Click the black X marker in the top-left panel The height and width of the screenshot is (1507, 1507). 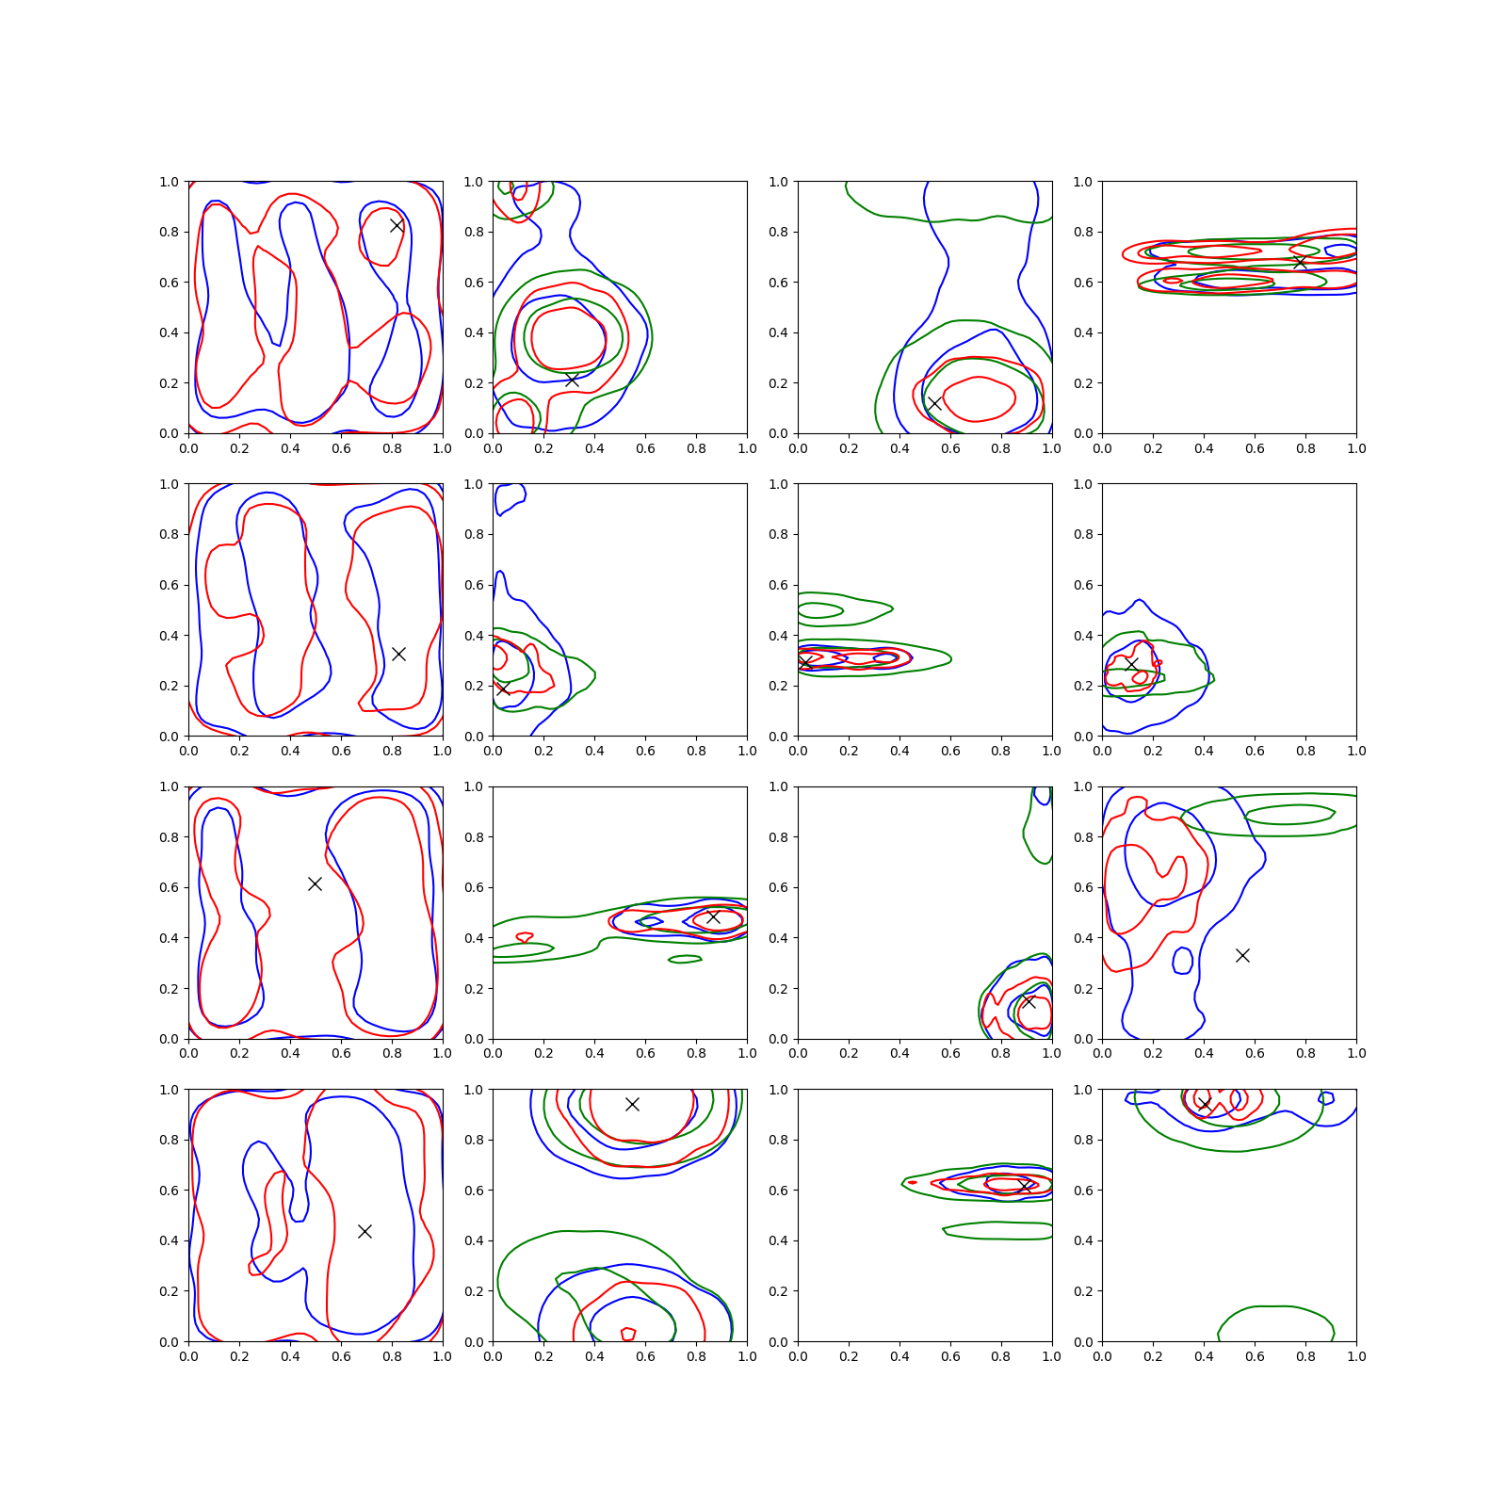pyautogui.click(x=397, y=225)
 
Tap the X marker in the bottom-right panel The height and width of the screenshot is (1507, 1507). pyautogui.click(x=1204, y=1104)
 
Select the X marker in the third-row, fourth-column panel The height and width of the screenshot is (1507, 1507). pyautogui.click(x=1242, y=955)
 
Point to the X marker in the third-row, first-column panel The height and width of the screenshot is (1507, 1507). pyautogui.click(x=315, y=883)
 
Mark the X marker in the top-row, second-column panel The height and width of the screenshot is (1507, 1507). pyautogui.click(x=572, y=379)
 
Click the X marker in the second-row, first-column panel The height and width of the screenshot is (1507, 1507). pyautogui.click(x=398, y=654)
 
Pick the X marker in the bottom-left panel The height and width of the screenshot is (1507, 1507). pyautogui.click(x=365, y=1231)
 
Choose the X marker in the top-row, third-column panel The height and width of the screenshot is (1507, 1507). pyautogui.click(x=934, y=403)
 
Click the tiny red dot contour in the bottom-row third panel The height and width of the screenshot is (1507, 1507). pyautogui.click(x=912, y=1182)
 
